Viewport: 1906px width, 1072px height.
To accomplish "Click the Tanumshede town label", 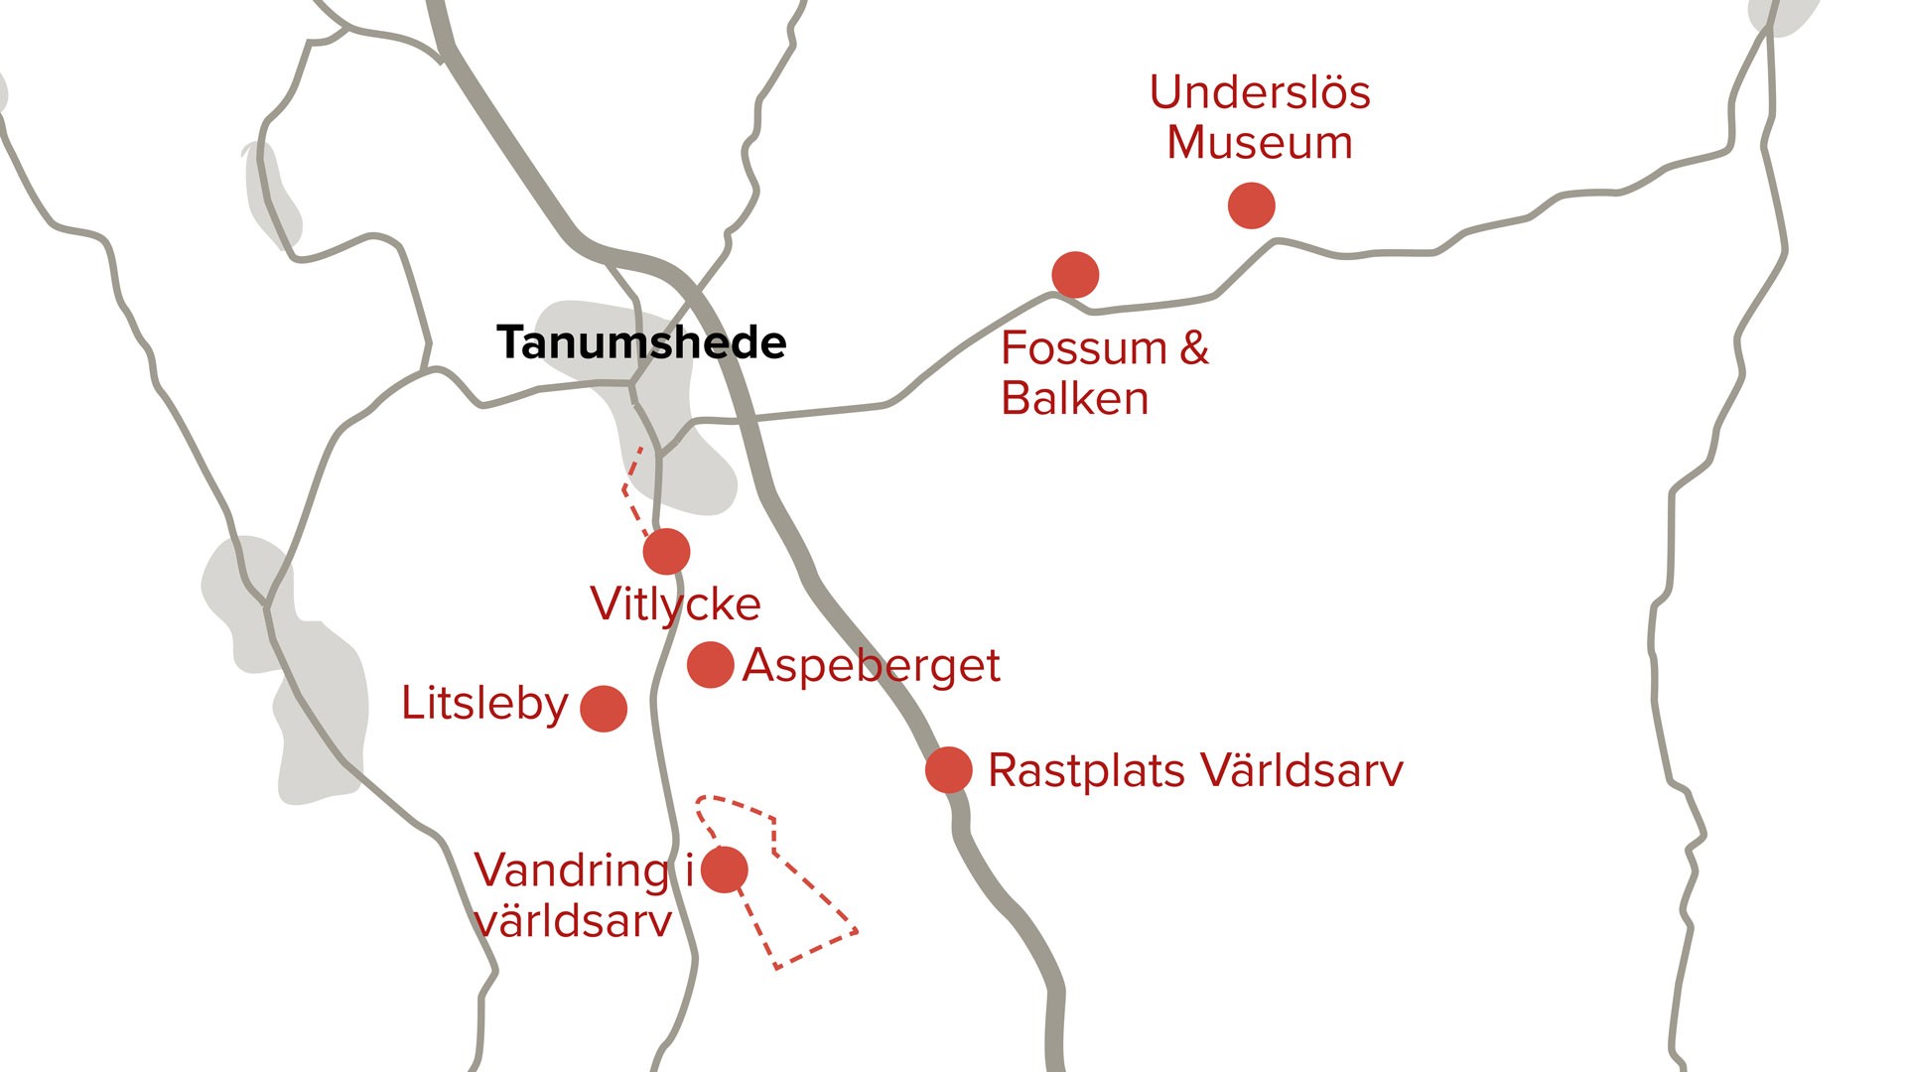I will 641,343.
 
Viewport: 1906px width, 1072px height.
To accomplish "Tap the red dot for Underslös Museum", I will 1251,205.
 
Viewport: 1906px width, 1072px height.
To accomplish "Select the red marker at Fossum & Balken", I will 1075,275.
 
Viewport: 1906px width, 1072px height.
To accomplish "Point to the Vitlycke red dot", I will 666,551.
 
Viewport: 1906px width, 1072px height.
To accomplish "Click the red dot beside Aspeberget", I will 711,665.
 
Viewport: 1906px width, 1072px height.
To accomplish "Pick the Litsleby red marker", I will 604,709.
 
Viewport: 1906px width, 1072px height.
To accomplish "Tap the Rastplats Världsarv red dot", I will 949,770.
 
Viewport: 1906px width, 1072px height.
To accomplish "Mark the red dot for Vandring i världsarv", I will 725,870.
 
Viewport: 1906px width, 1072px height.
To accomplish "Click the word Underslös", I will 1260,93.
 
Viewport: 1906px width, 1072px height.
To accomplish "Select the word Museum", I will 1260,143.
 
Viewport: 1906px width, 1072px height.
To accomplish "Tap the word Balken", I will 1075,399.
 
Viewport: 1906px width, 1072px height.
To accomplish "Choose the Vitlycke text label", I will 675,604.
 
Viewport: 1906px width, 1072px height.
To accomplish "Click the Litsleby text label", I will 484,704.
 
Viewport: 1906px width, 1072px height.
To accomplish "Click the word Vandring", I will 572,871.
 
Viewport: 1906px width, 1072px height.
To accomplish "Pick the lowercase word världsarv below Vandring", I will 574,922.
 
